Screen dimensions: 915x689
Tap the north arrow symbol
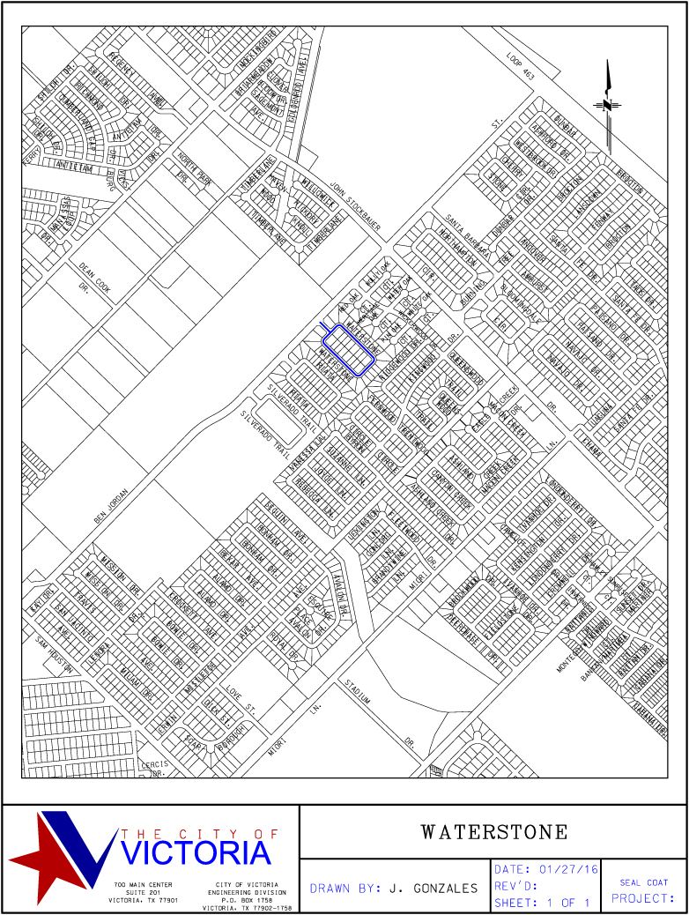[x=608, y=104]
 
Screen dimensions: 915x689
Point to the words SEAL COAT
[x=643, y=882]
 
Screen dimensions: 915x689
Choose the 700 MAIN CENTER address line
[x=143, y=883]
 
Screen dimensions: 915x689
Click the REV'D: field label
[x=522, y=886]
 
